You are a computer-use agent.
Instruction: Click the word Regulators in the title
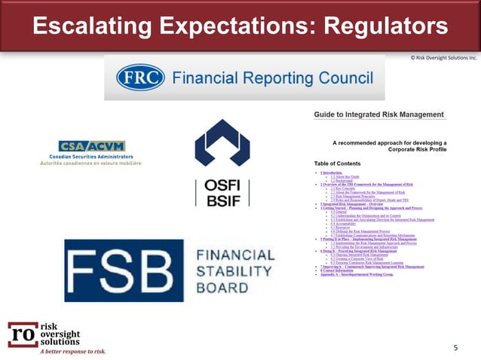click(x=385, y=26)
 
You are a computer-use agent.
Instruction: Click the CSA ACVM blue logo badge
click(x=92, y=145)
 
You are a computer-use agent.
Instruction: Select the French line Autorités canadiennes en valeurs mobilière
click(x=91, y=163)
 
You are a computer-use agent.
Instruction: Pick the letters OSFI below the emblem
click(x=222, y=187)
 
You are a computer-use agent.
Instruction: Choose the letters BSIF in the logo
click(x=222, y=201)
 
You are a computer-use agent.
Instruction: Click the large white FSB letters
click(x=124, y=270)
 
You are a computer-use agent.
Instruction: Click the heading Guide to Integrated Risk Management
click(x=378, y=114)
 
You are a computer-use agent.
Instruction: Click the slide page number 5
click(x=455, y=348)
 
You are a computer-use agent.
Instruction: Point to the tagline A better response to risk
click(x=73, y=351)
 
